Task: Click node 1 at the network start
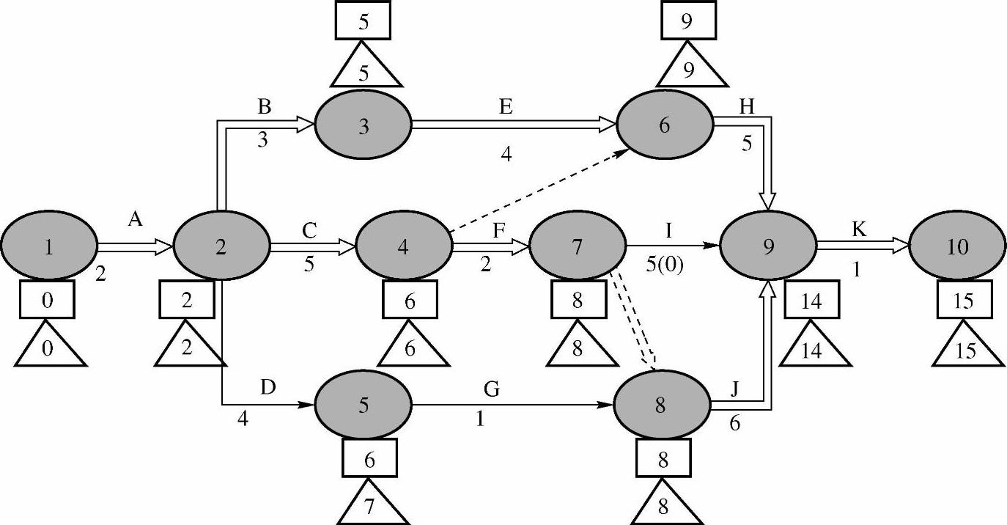[48, 247]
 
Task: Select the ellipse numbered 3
[364, 125]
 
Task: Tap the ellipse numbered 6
[664, 125]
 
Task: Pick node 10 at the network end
[957, 247]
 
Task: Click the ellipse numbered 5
[364, 404]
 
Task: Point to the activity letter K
[860, 229]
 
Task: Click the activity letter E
[505, 107]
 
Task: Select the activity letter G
[492, 389]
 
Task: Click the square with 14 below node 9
[811, 302]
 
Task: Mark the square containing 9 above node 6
[687, 21]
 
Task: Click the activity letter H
[747, 107]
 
